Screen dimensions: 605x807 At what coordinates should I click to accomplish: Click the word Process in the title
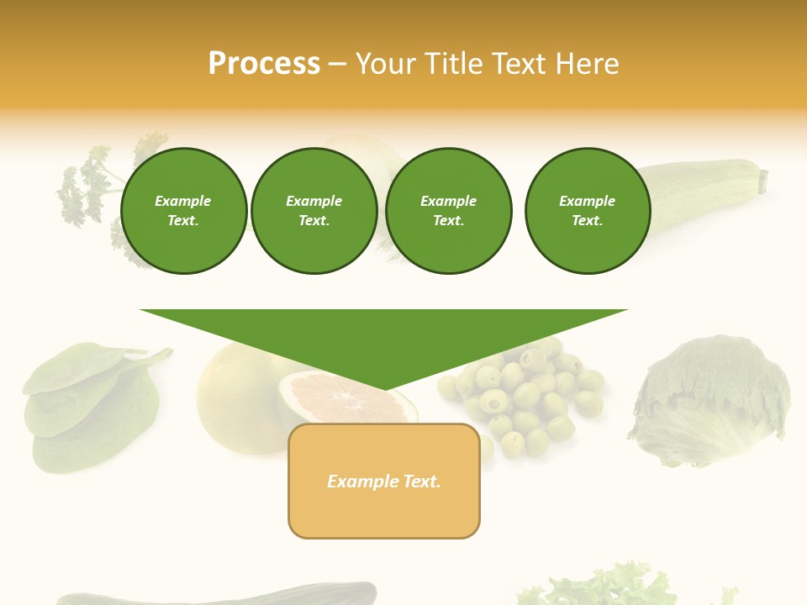(264, 64)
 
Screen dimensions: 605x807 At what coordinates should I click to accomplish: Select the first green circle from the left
(183, 211)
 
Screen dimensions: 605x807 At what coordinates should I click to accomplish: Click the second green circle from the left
(314, 211)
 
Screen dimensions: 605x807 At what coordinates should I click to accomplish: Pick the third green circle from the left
(448, 211)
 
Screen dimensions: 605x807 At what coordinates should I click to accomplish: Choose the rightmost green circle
(587, 211)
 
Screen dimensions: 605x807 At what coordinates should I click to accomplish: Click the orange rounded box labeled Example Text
(384, 481)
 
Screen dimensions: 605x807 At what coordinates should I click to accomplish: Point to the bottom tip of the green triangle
(384, 389)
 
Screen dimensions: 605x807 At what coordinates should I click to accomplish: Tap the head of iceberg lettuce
(710, 399)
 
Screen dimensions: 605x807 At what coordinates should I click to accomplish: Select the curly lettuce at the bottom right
(605, 588)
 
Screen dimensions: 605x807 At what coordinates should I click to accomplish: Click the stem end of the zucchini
(762, 178)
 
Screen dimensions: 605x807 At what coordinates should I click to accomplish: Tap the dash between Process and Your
(338, 65)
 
